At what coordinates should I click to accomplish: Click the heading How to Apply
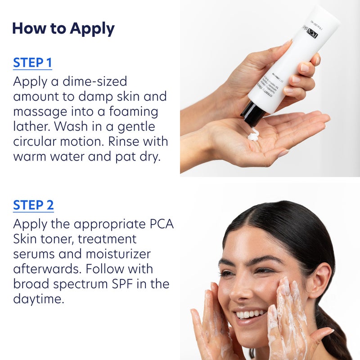pos(63,28)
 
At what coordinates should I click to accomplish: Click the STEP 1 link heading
pos(32,63)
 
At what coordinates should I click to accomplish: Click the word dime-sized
pos(90,81)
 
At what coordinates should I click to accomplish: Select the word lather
pos(31,126)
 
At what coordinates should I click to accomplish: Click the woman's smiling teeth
pos(249,313)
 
